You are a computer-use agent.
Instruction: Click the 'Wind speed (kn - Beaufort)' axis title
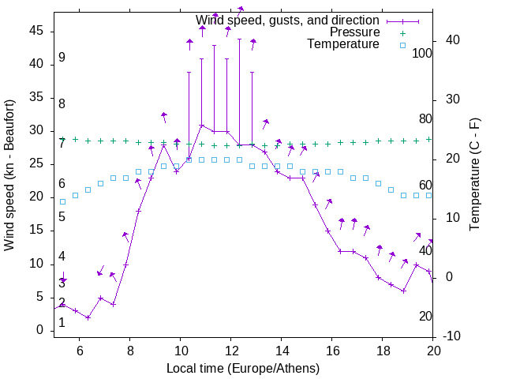tap(9, 175)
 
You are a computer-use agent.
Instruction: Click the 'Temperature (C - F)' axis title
tap(474, 175)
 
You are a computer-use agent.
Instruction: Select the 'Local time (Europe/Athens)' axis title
tap(244, 368)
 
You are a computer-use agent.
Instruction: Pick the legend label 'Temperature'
tap(343, 44)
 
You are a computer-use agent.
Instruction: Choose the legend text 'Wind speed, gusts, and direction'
tap(288, 20)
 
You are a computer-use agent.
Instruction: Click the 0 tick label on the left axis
tap(40, 331)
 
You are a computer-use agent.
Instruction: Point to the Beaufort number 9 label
tap(62, 58)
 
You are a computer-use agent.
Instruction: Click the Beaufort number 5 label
tap(62, 217)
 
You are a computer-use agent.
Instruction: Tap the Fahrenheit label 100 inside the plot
tap(423, 53)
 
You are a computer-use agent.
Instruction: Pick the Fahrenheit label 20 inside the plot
tap(425, 317)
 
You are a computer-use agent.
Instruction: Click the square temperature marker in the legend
tap(402, 45)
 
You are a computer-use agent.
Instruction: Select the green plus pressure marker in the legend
tap(402, 33)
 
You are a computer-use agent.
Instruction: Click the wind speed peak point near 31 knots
tap(202, 125)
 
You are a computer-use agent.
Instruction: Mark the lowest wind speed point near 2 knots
tap(88, 317)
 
